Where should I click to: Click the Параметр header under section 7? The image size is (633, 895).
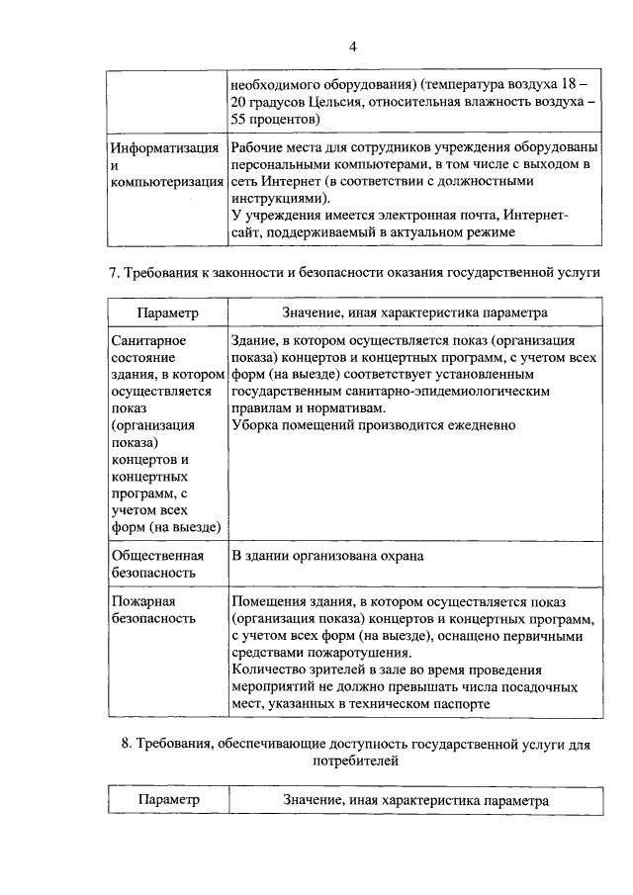167,313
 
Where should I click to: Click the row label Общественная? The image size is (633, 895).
156,556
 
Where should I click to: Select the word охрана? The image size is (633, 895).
397,556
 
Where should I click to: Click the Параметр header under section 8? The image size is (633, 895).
167,800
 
